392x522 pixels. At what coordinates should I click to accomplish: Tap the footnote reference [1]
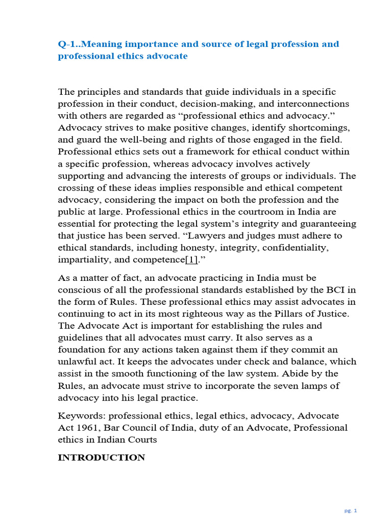click(x=191, y=259)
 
